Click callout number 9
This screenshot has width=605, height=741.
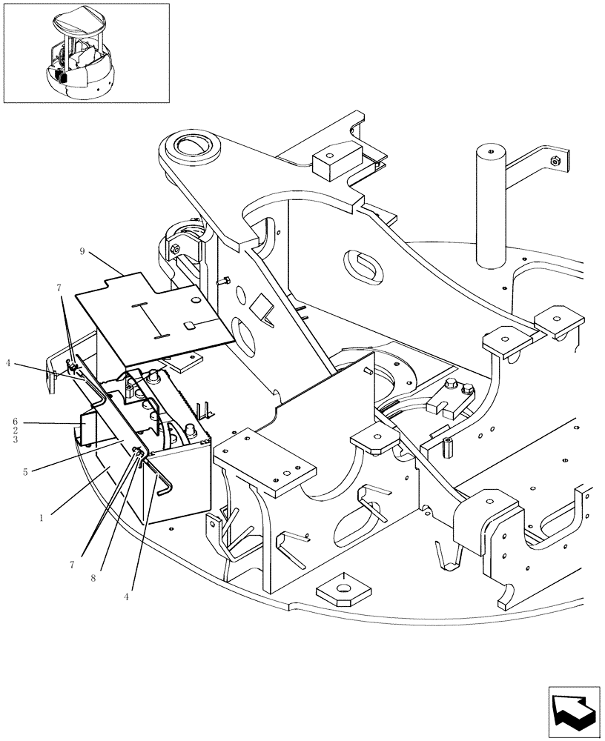[82, 251]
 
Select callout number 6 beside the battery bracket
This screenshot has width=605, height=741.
[14, 422]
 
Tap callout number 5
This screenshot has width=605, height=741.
[26, 471]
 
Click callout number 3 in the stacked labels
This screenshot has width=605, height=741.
[14, 439]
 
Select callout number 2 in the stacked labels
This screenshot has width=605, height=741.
[14, 431]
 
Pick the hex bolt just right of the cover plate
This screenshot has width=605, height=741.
[225, 281]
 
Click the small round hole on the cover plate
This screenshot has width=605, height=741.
[194, 300]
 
